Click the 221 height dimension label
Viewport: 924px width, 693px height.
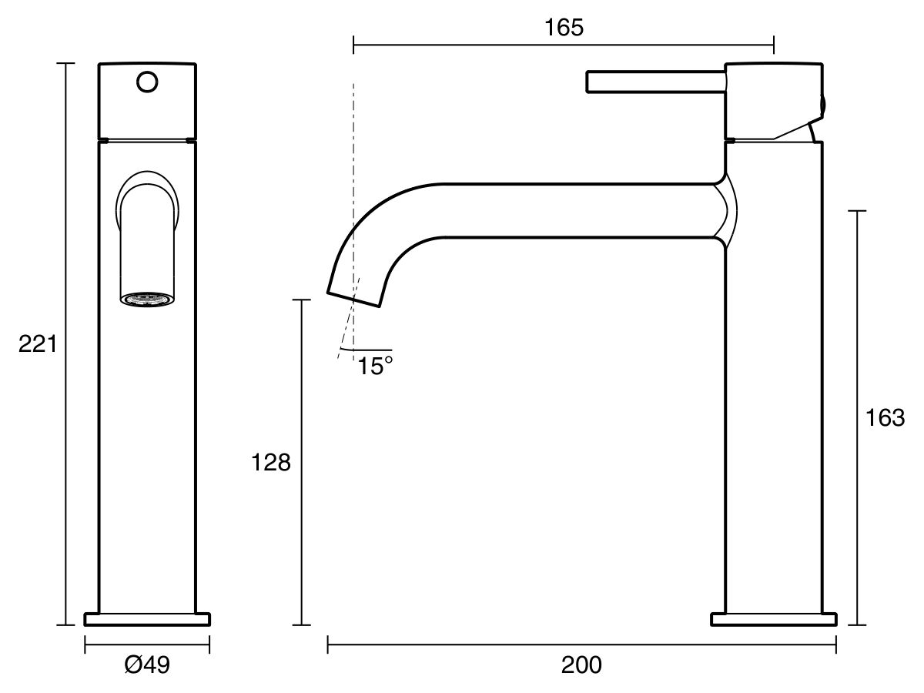click(38, 344)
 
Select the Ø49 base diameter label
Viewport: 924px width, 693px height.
click(146, 664)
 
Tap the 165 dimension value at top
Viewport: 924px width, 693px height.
click(564, 28)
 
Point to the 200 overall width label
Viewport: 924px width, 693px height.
click(581, 665)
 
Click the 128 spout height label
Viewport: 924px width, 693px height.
click(271, 463)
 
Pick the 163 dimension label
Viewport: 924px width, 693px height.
click(885, 418)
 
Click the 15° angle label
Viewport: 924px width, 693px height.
click(375, 366)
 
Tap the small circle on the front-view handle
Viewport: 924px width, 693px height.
click(147, 82)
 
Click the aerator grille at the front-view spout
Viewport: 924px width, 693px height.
click(147, 299)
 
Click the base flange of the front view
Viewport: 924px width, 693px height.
click(147, 619)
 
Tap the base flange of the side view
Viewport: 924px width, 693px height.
click(773, 619)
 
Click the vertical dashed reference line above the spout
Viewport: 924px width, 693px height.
click(353, 154)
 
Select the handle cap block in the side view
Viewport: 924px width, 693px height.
click(773, 100)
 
